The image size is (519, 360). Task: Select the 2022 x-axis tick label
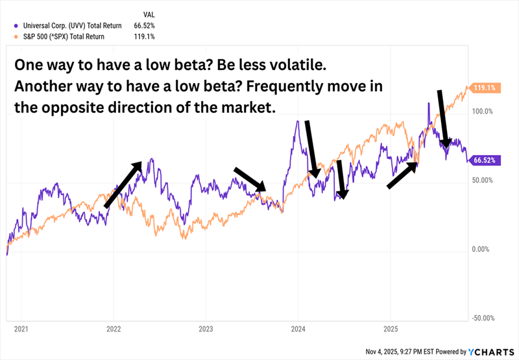point(114,329)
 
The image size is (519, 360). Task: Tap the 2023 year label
point(206,329)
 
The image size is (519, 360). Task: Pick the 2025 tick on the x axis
point(390,329)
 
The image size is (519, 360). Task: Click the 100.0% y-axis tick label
point(482,112)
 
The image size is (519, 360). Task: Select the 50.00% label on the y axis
point(483,180)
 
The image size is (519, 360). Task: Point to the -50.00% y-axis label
point(483,318)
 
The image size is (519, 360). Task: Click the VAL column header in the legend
point(148,13)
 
